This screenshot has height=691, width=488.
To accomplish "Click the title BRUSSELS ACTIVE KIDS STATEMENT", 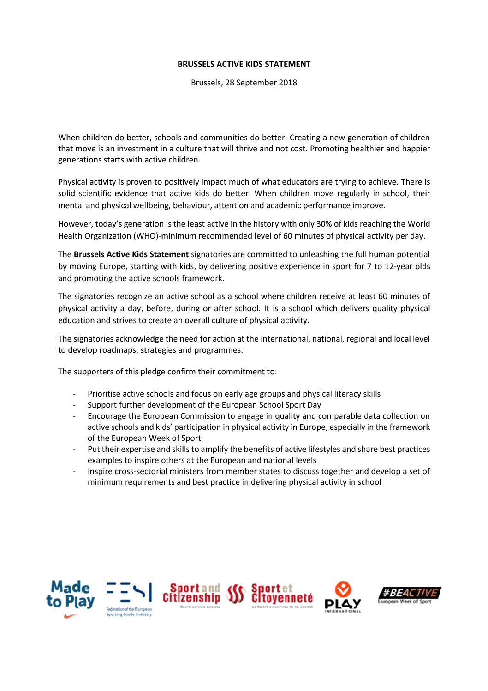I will pyautogui.click(x=244, y=64).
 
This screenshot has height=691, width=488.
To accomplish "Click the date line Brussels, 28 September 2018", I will pyautogui.click(x=244, y=83).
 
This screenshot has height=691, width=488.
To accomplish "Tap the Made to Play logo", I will pyautogui.click(x=70, y=595).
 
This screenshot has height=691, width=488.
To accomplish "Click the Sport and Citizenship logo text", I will pyautogui.click(x=191, y=594).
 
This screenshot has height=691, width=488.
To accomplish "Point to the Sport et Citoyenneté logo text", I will pyautogui.click(x=282, y=594).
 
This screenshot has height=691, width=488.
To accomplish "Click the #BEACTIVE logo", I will pyautogui.click(x=409, y=594).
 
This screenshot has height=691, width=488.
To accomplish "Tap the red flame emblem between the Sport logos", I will pyautogui.click(x=236, y=594).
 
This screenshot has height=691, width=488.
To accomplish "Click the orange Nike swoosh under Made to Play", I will pyautogui.click(x=70, y=616).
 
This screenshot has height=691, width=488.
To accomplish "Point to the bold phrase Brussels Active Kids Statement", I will pyautogui.click(x=131, y=254).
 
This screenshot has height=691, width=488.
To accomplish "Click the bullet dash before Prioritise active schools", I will pyautogui.click(x=74, y=394).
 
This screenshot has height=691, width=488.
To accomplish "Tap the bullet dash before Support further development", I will pyautogui.click(x=74, y=405).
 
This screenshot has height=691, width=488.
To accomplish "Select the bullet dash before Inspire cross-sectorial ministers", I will pyautogui.click(x=74, y=472).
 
